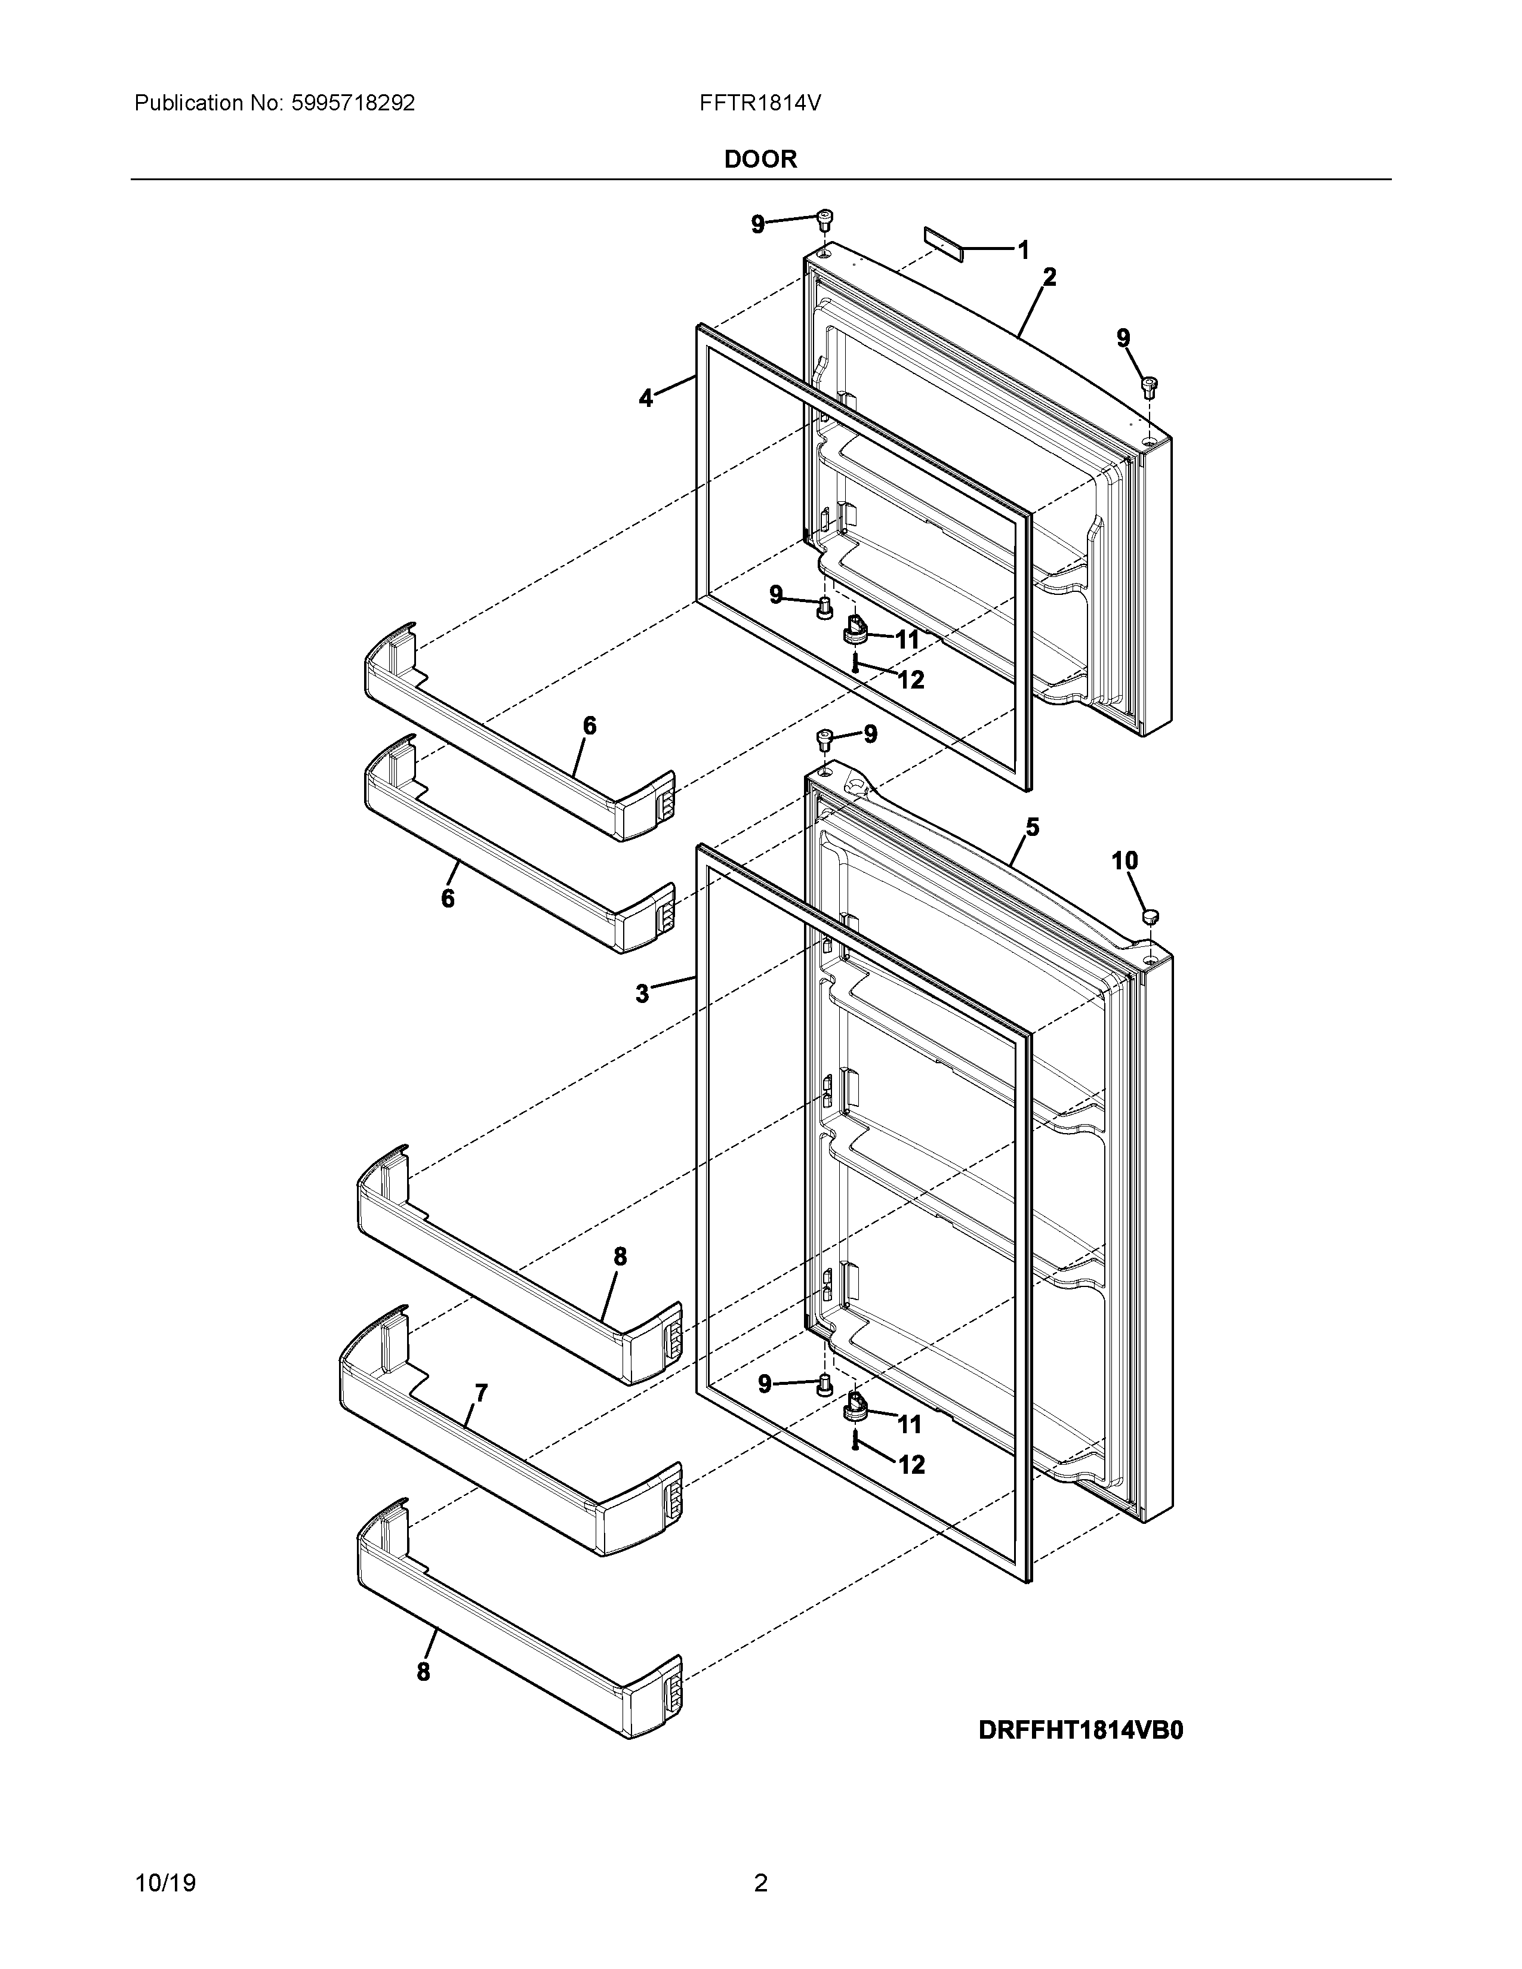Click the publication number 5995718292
tap(353, 104)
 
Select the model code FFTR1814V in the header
tap(759, 104)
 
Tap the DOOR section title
tap(760, 159)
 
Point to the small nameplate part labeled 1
tap(943, 242)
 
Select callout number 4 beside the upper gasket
tap(646, 397)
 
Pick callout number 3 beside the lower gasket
tap(642, 993)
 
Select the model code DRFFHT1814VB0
tap(1080, 1730)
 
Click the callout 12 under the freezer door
tap(911, 680)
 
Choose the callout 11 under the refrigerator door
tap(909, 1424)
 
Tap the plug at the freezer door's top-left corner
tap(824, 219)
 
